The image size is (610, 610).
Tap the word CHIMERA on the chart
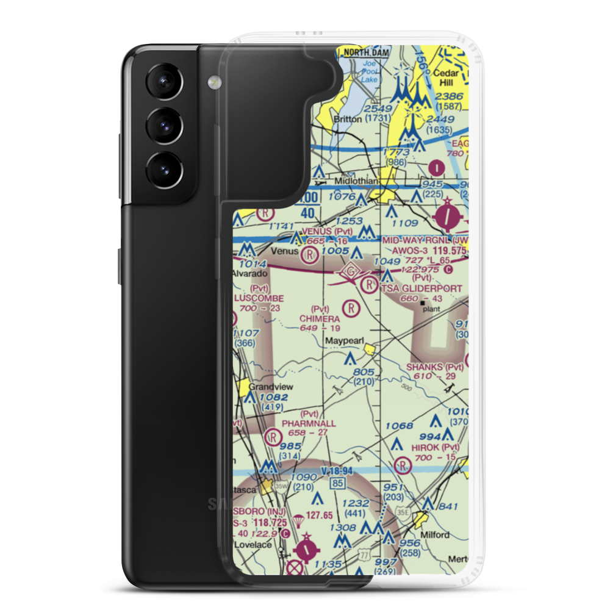click(320, 318)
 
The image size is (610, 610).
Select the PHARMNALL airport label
click(309, 422)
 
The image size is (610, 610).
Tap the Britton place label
click(347, 119)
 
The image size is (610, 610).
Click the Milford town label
click(434, 535)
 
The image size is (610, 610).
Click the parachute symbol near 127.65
click(299, 520)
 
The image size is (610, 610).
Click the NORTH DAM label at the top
click(365, 53)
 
